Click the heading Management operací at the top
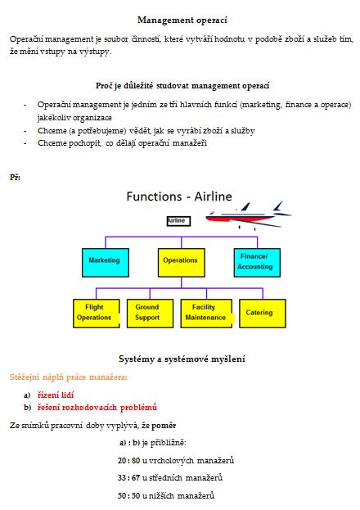coord(182,20)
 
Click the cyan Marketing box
coord(106,263)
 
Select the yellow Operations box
coord(181,263)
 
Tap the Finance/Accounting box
coord(257,263)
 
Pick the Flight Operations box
coord(97,314)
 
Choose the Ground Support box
coord(150,314)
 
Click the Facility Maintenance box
coord(206,314)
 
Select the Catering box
coord(263,314)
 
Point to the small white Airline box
coord(178,221)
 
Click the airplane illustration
coord(249,215)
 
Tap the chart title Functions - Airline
coord(179,196)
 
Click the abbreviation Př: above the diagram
coord(15,178)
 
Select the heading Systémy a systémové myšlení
coord(182,359)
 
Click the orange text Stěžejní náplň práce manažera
coord(68,377)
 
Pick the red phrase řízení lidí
coord(56,395)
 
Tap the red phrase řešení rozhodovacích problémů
coord(97,407)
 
